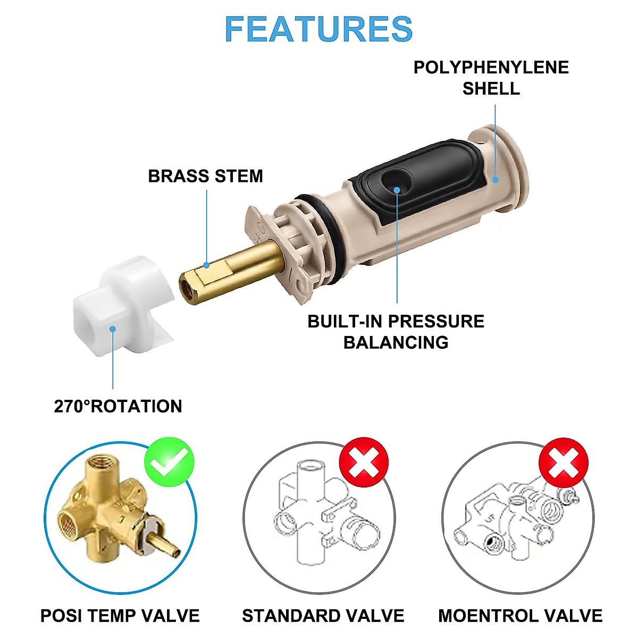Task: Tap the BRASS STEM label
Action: click(x=205, y=176)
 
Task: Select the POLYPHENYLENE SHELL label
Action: click(x=491, y=78)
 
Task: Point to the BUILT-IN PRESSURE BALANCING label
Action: click(x=396, y=331)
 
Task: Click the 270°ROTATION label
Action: click(x=118, y=406)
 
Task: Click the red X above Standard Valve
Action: click(x=364, y=461)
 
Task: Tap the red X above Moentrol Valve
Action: click(x=564, y=461)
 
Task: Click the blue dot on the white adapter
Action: click(x=113, y=329)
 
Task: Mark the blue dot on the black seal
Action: click(x=397, y=189)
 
